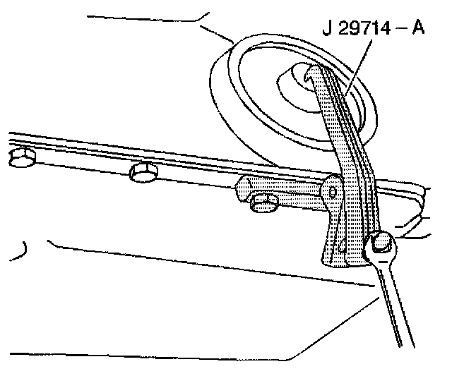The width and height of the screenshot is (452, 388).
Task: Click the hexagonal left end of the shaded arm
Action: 243,189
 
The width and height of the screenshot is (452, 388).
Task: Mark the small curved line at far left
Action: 25,248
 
